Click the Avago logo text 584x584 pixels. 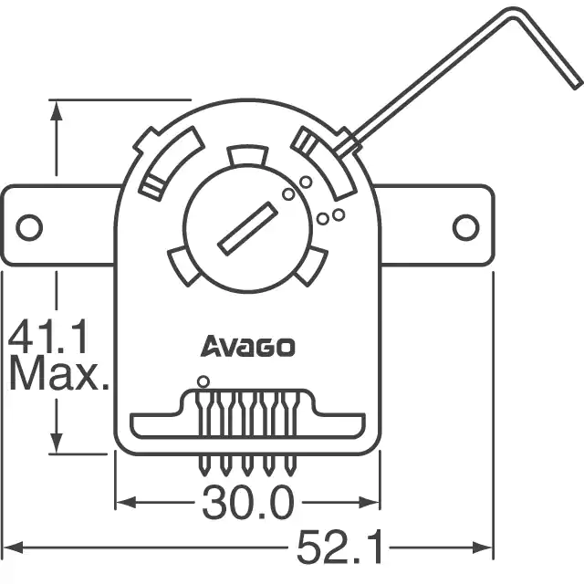(247, 347)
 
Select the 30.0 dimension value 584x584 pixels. (248, 503)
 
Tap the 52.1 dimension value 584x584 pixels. (340, 547)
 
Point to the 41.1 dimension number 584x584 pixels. (48, 337)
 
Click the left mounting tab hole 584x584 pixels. (29, 227)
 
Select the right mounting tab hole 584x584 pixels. (466, 227)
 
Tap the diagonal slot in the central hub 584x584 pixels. (247, 229)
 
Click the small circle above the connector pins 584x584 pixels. (203, 381)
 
